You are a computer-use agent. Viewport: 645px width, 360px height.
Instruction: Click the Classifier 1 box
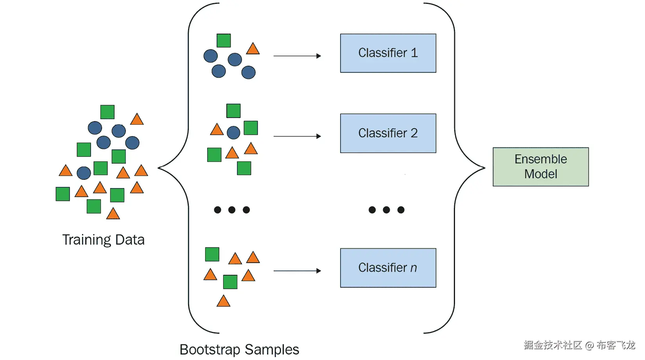pyautogui.click(x=388, y=53)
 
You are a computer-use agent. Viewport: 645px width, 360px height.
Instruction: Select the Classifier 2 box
pyautogui.click(x=388, y=133)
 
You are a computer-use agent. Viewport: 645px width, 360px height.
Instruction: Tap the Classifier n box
pyautogui.click(x=388, y=268)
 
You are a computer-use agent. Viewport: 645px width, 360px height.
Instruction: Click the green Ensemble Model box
pyautogui.click(x=541, y=167)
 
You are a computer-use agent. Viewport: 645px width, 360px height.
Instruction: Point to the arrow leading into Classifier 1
pyautogui.click(x=297, y=56)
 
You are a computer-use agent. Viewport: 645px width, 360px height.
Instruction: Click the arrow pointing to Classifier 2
pyautogui.click(x=297, y=136)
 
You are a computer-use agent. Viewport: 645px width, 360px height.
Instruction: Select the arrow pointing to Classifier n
pyautogui.click(x=297, y=270)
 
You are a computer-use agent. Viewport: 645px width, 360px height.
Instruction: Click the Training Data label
pyautogui.click(x=103, y=240)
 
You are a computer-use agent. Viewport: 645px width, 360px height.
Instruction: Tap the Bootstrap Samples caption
pyautogui.click(x=239, y=349)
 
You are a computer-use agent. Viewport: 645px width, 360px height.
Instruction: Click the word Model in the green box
pyautogui.click(x=541, y=174)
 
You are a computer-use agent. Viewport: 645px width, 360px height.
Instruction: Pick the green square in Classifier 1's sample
pyautogui.click(x=224, y=41)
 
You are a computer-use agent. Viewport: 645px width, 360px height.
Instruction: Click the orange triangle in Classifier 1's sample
pyautogui.click(x=253, y=49)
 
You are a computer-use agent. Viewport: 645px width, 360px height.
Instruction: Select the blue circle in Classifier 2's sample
pyautogui.click(x=233, y=133)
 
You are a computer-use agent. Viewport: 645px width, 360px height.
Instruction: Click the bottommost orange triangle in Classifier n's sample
pyautogui.click(x=223, y=301)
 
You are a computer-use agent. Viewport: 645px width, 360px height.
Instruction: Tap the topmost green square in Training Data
pyautogui.click(x=107, y=112)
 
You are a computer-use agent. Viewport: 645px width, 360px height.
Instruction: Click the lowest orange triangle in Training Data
pyautogui.click(x=113, y=214)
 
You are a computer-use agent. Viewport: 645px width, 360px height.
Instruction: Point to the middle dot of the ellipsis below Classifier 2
pyautogui.click(x=386, y=210)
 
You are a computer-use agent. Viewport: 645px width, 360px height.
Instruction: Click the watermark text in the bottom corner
pyautogui.click(x=579, y=345)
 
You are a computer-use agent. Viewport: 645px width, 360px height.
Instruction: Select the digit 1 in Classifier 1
pyautogui.click(x=414, y=53)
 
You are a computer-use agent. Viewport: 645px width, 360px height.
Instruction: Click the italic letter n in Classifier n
pyautogui.click(x=414, y=268)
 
